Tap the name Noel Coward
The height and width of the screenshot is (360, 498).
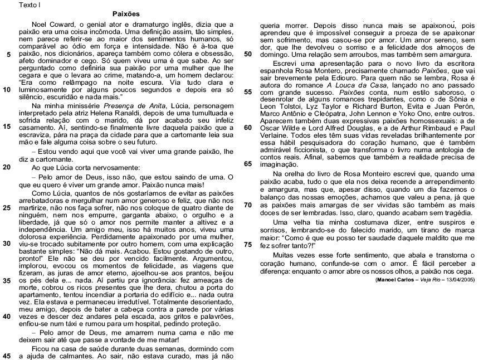point(54,25)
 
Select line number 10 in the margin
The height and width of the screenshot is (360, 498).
point(7,89)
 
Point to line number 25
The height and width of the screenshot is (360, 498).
point(7,207)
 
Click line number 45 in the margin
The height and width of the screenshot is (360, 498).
point(7,355)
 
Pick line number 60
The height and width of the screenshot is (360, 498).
point(248,128)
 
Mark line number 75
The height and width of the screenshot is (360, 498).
point(248,244)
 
